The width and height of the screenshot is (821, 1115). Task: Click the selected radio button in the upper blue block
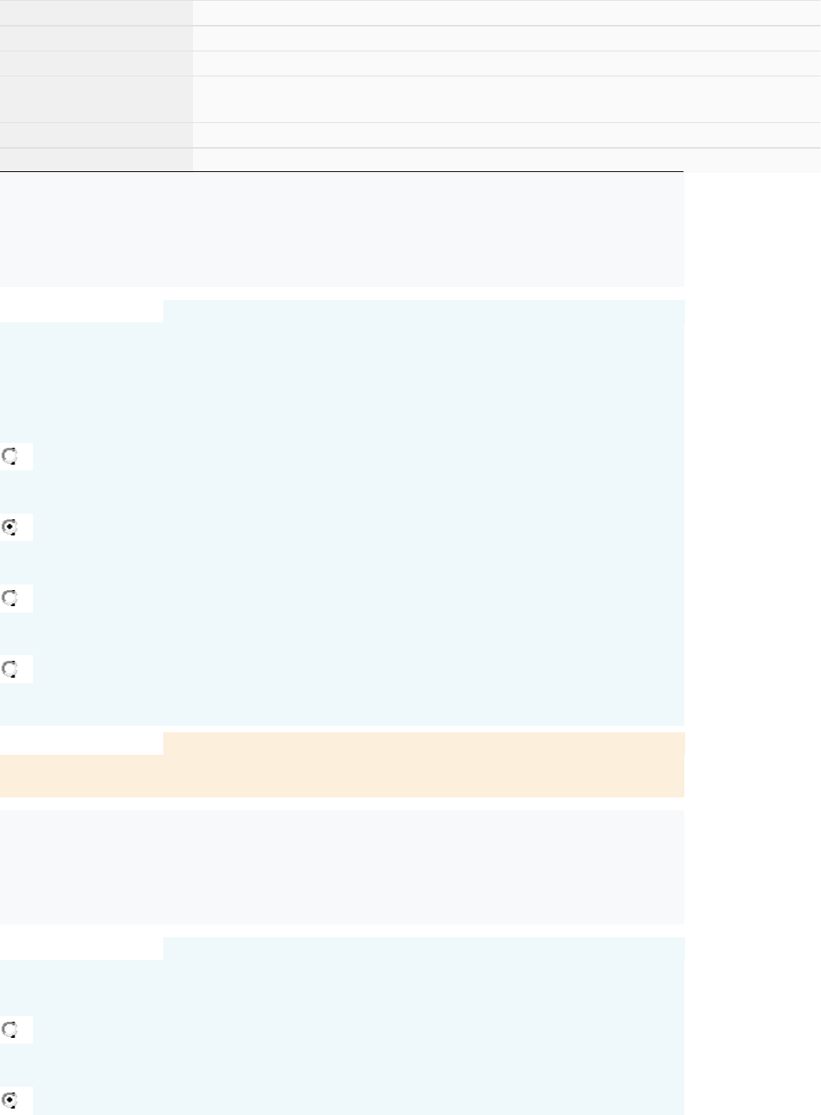[10, 527]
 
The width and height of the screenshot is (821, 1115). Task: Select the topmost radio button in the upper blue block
[10, 457]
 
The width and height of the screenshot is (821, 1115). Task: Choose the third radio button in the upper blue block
[10, 598]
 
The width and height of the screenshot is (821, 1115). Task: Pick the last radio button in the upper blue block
[10, 669]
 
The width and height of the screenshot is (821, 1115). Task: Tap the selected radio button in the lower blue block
[10, 1100]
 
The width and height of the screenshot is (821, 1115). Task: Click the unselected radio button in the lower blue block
[10, 1029]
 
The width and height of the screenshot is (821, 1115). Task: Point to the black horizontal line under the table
[341, 171]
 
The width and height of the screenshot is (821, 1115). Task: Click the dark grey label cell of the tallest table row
[96, 99]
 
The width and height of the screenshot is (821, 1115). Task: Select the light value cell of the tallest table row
[507, 99]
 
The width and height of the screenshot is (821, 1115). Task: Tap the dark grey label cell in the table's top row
[96, 12]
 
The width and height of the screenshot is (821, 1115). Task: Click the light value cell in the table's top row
[507, 12]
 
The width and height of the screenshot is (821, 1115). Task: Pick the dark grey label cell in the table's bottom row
[96, 159]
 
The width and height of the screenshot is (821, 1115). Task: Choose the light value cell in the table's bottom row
[507, 159]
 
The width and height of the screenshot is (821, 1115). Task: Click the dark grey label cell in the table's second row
[96, 38]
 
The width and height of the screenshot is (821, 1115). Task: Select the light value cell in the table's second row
[507, 38]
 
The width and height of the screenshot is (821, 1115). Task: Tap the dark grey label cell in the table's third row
[96, 64]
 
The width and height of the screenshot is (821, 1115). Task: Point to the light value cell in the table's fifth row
[507, 134]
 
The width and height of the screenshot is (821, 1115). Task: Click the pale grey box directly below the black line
[341, 229]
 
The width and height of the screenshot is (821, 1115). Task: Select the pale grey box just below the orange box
[341, 867]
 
